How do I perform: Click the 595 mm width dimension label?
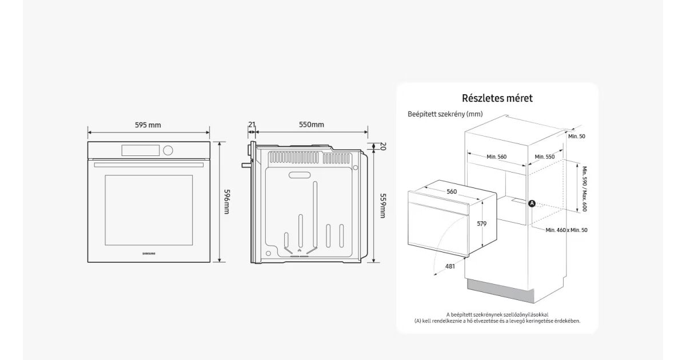pos(148,125)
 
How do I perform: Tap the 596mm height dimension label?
pos(226,202)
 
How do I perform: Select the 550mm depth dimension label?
pos(312,125)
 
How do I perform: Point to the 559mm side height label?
pos(382,206)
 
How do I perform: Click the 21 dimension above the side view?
pos(252,125)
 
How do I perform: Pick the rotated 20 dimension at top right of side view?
pos(383,146)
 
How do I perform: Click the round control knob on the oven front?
pos(168,150)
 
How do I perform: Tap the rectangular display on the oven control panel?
pos(141,150)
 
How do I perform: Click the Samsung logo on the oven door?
pos(149,254)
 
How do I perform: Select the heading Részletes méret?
pos(497,98)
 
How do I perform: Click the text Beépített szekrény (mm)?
pos(445,114)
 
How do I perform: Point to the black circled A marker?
pos(532,203)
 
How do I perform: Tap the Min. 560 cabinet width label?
pos(496,157)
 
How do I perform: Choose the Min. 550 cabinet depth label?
pos(544,157)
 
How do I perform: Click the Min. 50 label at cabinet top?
pos(577,136)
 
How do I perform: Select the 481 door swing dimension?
pos(450,266)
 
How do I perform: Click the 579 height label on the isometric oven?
pos(482,224)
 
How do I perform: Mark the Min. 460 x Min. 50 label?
pos(567,230)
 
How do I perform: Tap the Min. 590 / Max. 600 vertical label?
pos(584,189)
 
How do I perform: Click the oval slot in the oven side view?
pos(300,175)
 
